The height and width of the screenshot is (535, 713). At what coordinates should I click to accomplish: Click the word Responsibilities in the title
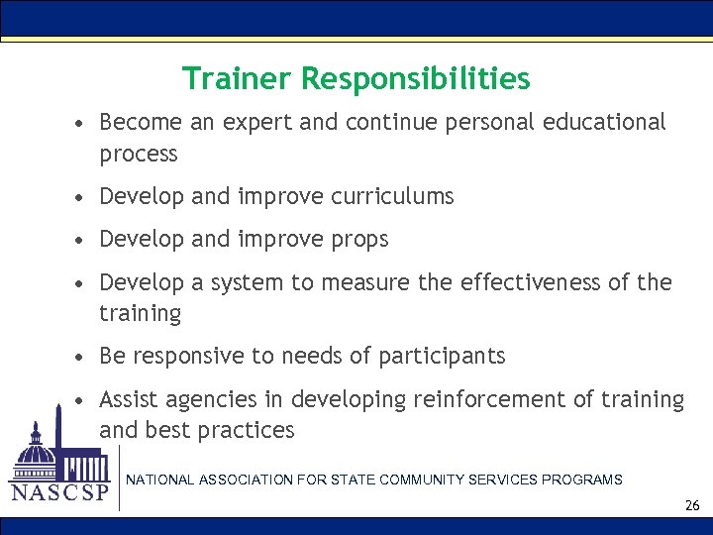(416, 78)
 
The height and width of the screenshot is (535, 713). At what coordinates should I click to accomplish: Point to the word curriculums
(394, 196)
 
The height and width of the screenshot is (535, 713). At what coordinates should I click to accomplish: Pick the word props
(361, 239)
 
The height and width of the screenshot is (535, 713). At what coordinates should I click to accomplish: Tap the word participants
(444, 356)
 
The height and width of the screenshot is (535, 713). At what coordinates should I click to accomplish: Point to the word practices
(246, 430)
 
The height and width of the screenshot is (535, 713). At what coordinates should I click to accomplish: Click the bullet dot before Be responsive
(79, 357)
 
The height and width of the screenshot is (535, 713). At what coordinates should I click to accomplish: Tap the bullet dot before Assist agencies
(79, 400)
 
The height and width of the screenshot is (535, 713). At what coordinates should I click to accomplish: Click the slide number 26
(691, 505)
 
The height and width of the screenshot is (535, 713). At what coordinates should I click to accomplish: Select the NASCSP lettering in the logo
(58, 492)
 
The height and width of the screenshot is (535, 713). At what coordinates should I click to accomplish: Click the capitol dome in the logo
(38, 447)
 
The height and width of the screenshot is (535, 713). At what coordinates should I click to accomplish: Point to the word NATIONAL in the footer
(159, 480)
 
